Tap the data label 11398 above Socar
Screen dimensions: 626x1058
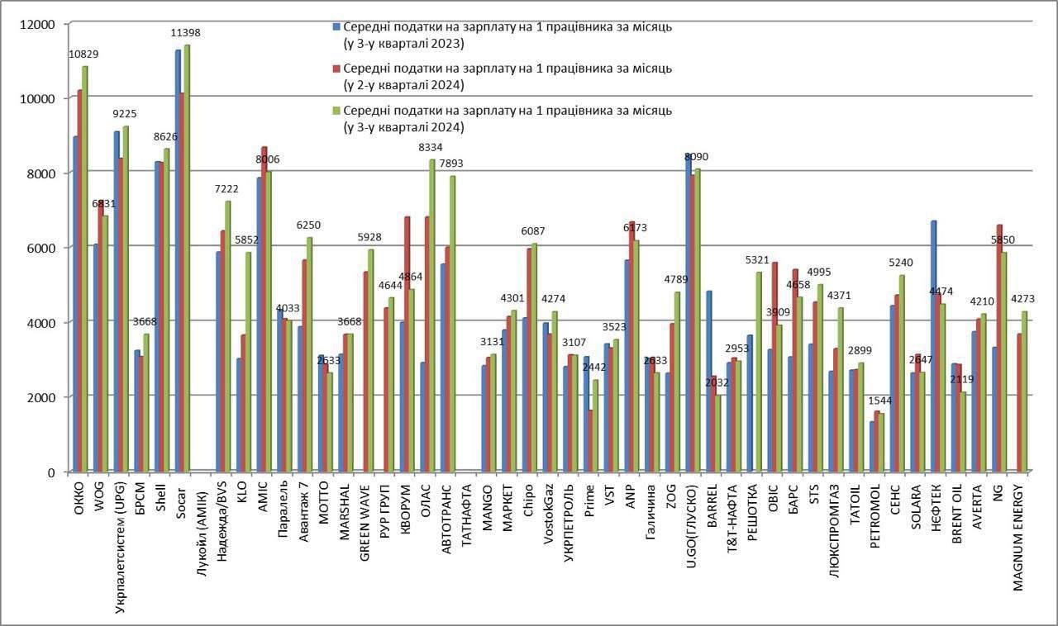click(x=185, y=33)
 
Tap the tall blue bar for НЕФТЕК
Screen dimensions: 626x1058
click(x=933, y=346)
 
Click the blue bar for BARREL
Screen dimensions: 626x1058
click(x=708, y=381)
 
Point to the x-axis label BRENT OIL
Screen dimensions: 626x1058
click(x=956, y=514)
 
